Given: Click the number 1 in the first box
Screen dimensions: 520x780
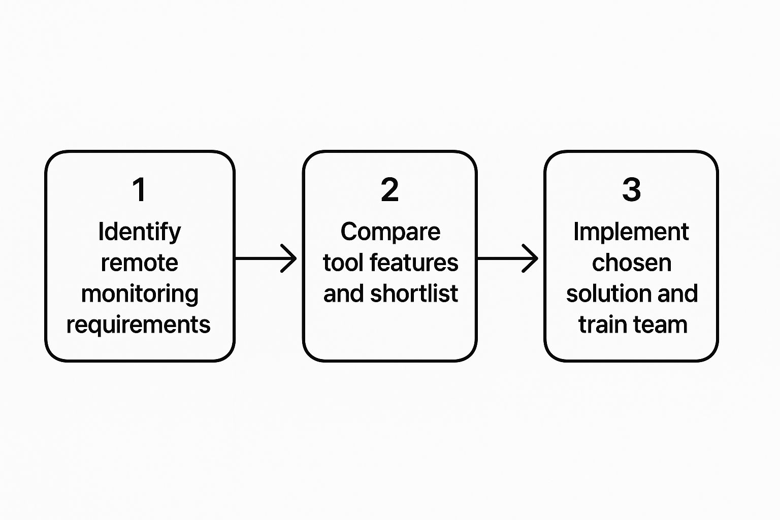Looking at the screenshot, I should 139,190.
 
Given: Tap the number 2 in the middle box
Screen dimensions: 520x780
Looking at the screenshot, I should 389,190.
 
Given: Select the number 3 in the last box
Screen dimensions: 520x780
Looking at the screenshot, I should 631,190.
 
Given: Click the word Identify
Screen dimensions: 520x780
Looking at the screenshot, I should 139,232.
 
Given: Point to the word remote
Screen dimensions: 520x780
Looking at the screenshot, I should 139,263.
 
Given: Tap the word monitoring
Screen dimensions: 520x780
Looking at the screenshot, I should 140,294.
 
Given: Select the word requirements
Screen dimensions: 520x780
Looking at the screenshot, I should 138,325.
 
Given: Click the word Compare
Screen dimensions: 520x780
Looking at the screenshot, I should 390,232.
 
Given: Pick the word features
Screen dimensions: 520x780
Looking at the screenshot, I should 414,263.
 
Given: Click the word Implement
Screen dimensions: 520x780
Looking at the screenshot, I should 631,232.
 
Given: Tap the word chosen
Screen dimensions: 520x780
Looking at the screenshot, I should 631,263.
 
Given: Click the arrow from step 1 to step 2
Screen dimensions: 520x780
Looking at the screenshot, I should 267,258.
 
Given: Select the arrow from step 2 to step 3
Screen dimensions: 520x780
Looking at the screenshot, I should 508,258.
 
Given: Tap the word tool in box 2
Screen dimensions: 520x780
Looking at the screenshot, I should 343,263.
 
